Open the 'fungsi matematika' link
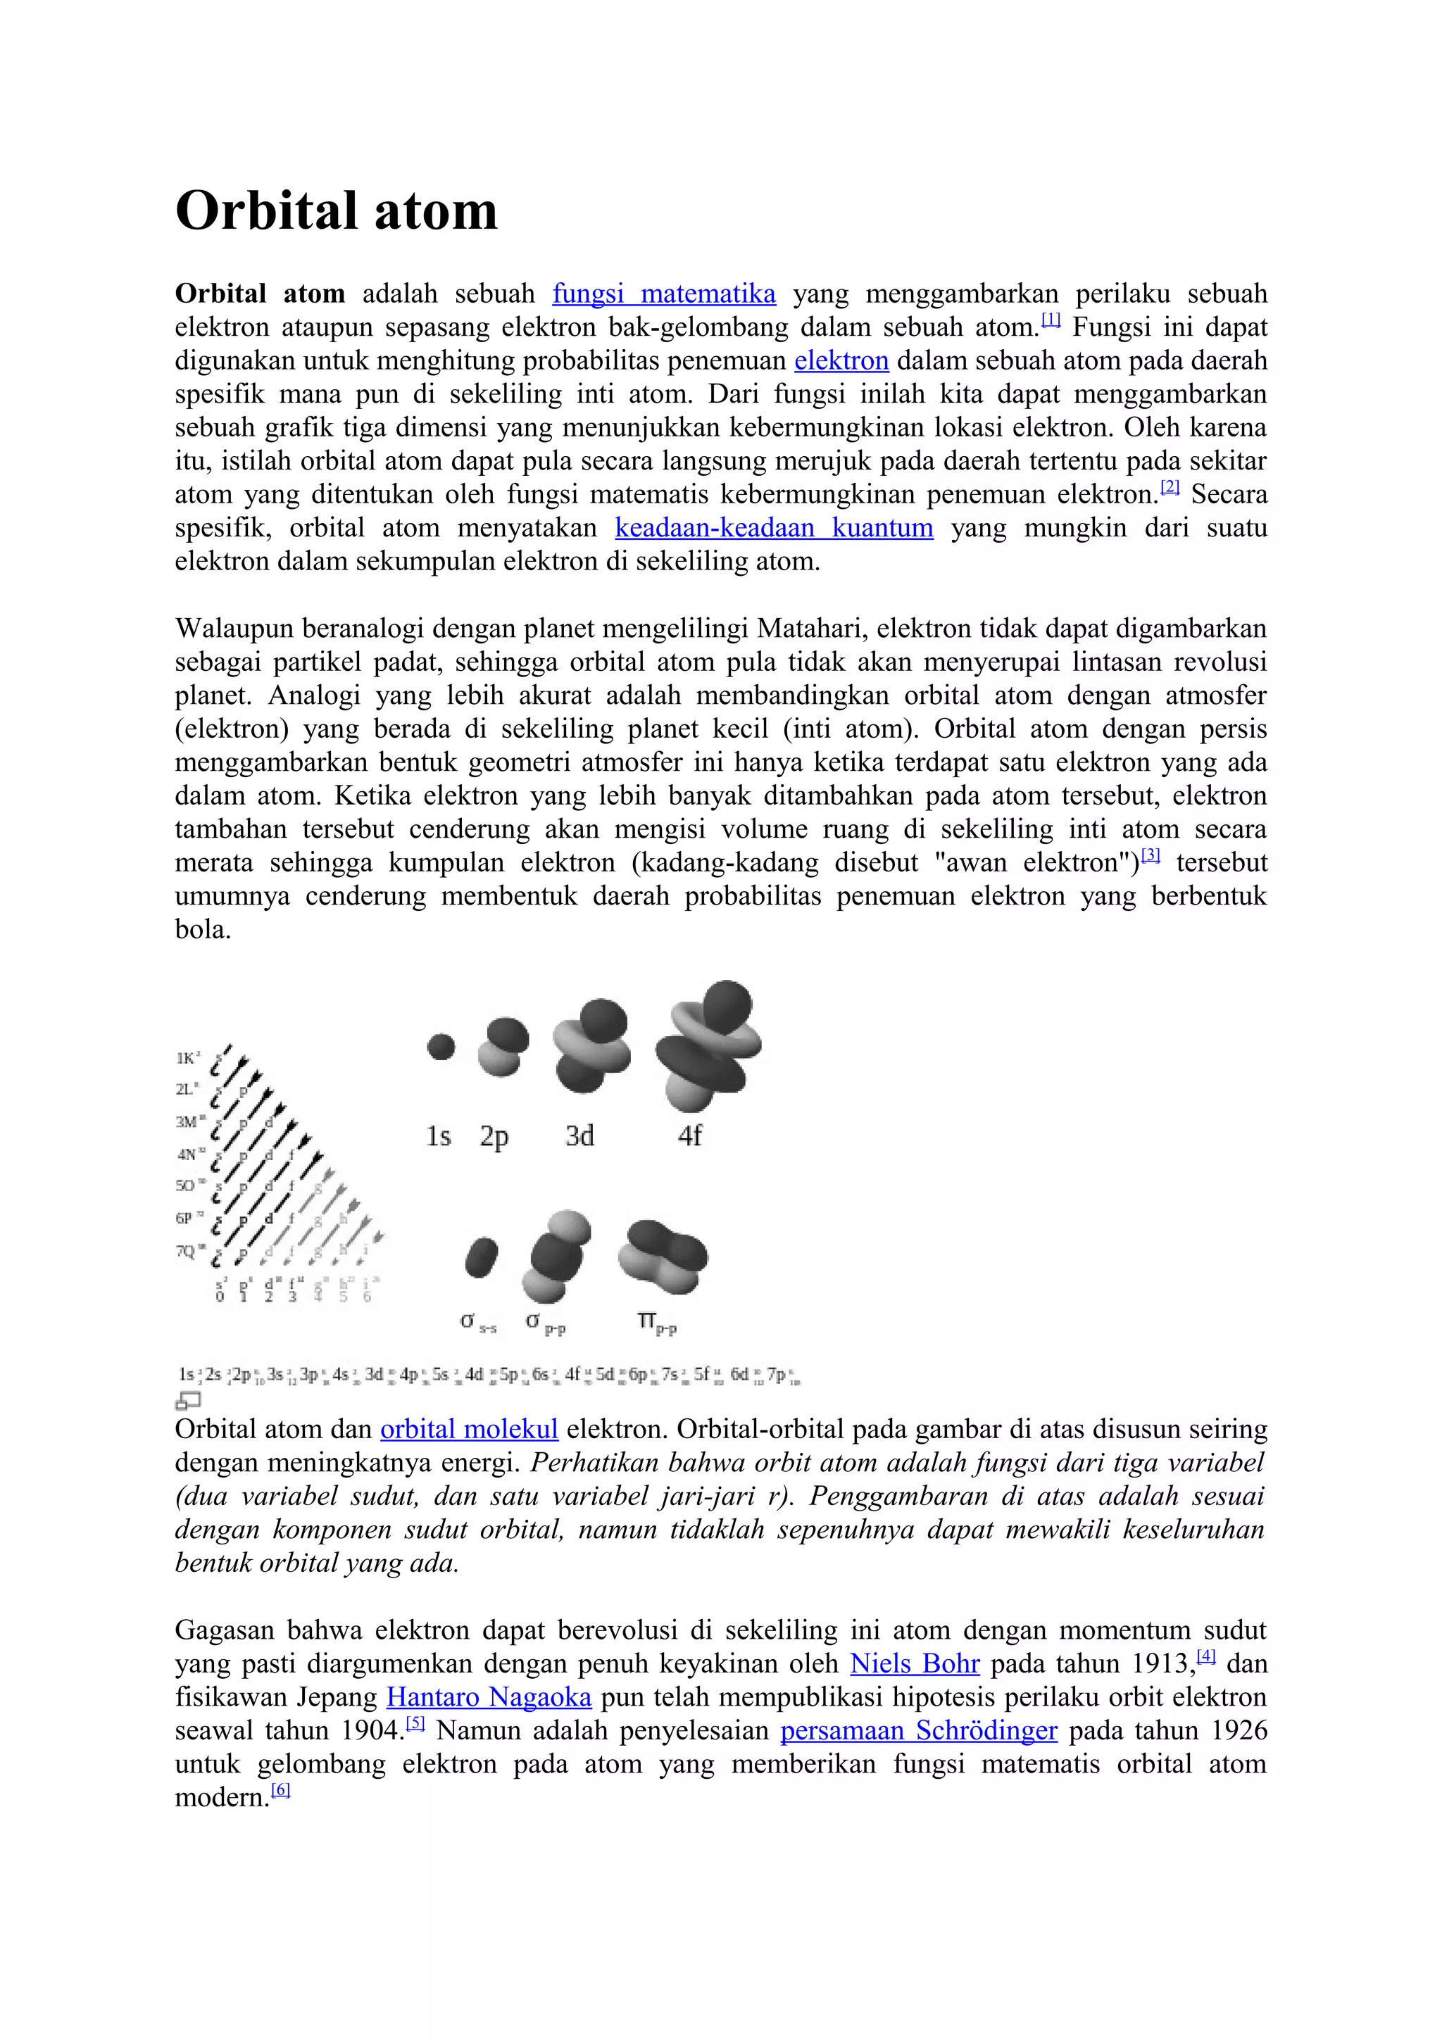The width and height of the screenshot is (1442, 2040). pos(664,294)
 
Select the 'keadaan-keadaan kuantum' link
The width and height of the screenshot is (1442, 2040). pos(774,528)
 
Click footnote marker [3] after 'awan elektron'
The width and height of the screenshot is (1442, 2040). pos(1151,855)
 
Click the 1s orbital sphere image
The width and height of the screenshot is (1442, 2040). pos(441,1047)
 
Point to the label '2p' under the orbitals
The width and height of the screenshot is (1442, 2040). pos(494,1136)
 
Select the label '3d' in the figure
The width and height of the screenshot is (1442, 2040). pos(579,1136)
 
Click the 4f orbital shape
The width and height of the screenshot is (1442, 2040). pos(708,1047)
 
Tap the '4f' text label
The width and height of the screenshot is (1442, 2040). pos(689,1136)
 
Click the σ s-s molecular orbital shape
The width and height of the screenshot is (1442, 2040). pos(481,1258)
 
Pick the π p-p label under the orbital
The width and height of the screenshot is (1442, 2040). pos(657,1324)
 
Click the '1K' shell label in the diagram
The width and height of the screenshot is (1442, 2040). pos(187,1057)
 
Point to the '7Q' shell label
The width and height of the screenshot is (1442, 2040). pos(187,1251)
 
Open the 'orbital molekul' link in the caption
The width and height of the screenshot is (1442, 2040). pos(468,1429)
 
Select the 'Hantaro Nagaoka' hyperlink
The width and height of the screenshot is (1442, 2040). pos(489,1697)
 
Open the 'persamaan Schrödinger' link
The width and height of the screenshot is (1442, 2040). pos(919,1731)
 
